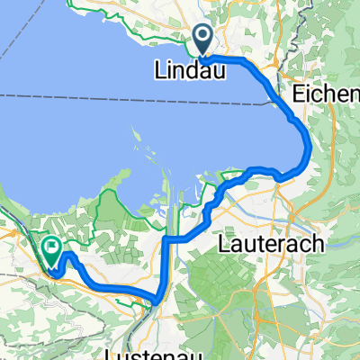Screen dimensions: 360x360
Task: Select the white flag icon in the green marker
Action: (x=51, y=244)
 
